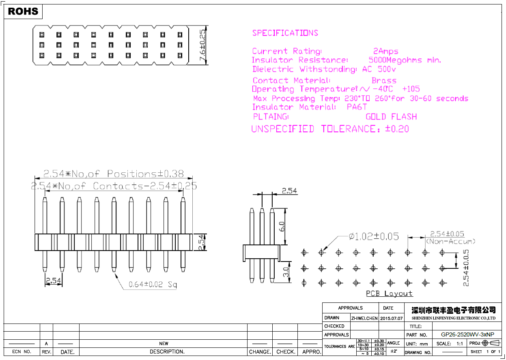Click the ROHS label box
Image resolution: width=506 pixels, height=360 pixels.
[x=23, y=12]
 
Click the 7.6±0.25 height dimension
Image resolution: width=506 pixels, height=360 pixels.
[x=202, y=45]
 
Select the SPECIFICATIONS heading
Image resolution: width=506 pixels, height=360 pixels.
[x=285, y=33]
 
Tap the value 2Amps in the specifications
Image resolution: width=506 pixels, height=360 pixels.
[x=385, y=51]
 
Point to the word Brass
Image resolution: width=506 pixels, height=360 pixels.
[x=384, y=81]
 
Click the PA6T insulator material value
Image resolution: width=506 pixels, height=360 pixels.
[x=357, y=107]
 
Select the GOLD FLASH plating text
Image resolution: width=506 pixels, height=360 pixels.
[x=391, y=117]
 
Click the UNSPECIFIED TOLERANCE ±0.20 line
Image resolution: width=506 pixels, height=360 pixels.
[x=330, y=129]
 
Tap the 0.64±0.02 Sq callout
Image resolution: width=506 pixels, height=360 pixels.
[x=153, y=285]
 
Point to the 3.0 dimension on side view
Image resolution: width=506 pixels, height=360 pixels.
[x=286, y=272]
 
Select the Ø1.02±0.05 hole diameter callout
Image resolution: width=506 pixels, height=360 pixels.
[x=374, y=236]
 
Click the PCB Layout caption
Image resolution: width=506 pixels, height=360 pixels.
[x=389, y=294]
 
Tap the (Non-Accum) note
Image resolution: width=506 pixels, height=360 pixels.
[x=450, y=242]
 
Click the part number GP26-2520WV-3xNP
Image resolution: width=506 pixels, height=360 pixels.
[x=467, y=335]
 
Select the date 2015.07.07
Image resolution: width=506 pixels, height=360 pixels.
[x=392, y=318]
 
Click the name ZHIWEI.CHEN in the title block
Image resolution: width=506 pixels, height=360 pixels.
[x=364, y=318]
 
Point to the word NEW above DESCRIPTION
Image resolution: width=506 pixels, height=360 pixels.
[x=164, y=344]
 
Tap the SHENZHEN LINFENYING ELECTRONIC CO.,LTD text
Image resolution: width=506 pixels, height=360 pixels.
[x=454, y=318]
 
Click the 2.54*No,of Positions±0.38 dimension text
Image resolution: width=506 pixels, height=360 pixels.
[x=113, y=174]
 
